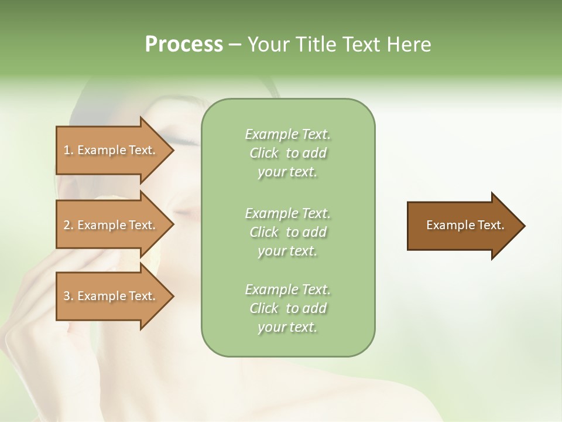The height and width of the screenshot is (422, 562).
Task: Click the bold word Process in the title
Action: pos(184,45)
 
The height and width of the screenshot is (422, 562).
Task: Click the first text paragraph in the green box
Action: pos(287,153)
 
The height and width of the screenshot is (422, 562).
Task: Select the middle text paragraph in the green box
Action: pos(287,232)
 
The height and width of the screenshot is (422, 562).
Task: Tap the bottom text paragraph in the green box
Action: pos(287,308)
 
